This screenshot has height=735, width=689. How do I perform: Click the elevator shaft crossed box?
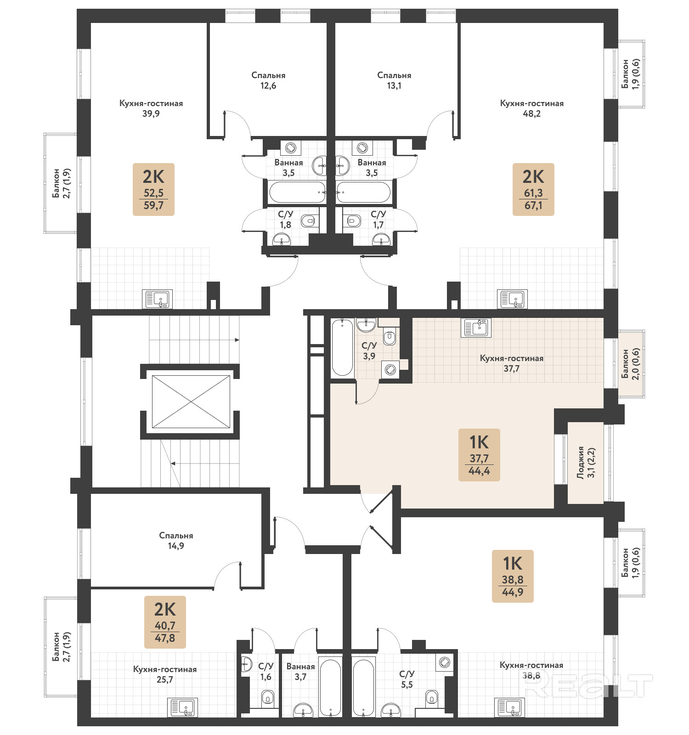coord(191,401)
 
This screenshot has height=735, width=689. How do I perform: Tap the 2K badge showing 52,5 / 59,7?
coord(153,189)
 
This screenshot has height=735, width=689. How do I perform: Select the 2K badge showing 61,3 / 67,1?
coord(533,189)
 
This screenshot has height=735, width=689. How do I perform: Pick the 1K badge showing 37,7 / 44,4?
coord(479,455)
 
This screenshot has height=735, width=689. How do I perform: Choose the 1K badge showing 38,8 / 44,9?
coord(513,576)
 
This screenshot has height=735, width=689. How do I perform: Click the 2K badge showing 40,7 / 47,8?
coord(165,622)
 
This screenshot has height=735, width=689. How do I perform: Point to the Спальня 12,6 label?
coord(268,80)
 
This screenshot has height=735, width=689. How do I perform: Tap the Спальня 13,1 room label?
coord(394,80)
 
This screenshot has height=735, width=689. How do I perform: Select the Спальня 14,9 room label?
coord(176,541)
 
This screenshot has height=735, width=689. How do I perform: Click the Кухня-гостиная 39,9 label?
coord(151,108)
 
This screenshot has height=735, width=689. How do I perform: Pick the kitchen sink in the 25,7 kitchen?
coord(182,707)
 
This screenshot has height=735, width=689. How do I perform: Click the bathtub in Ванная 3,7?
coord(330,688)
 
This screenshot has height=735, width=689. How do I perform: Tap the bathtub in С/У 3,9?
coord(342,348)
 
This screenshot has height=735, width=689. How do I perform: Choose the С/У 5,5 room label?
coord(407,679)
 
